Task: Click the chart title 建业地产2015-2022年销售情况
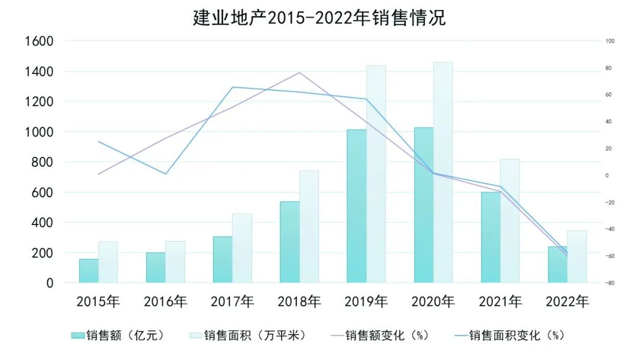319,17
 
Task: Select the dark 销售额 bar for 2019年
356,206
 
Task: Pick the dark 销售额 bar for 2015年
89,271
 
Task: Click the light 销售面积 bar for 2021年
509,220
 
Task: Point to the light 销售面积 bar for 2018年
309,226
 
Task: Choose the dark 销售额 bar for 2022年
557,265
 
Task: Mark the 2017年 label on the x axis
232,301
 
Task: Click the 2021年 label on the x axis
500,301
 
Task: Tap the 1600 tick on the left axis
39,41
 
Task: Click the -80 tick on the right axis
610,283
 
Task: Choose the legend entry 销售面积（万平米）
248,335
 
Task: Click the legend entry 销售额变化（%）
379,335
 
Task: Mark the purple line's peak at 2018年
299,72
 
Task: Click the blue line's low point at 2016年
166,174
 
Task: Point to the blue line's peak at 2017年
233,87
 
